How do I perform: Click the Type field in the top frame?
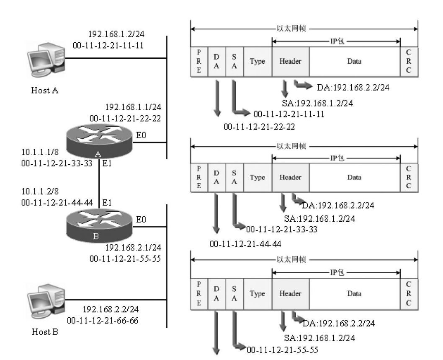[257, 61]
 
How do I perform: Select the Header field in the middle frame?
[290, 177]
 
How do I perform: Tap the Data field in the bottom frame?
[354, 294]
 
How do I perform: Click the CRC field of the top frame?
[409, 61]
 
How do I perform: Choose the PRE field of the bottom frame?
[199, 294]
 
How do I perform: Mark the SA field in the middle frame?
[234, 177]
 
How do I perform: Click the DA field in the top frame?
[216, 61]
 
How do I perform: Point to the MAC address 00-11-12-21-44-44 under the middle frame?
[245, 244]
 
